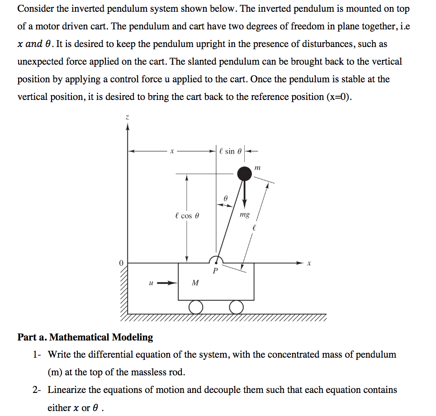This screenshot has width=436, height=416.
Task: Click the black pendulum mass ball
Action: tap(245, 173)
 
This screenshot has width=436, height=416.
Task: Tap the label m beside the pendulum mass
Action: tap(258, 168)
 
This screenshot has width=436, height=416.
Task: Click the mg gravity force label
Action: tap(244, 215)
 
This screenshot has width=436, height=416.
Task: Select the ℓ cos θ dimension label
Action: tap(186, 216)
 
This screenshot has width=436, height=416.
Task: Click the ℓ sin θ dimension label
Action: tap(230, 151)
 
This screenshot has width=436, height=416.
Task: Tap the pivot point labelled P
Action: tap(216, 270)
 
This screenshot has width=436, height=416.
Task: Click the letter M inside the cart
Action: tap(195, 283)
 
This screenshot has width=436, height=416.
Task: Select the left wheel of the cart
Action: tap(195, 307)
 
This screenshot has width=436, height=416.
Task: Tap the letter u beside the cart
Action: tap(151, 283)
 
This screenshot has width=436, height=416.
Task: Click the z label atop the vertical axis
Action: tap(128, 118)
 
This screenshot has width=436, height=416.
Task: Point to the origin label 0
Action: tap(121, 263)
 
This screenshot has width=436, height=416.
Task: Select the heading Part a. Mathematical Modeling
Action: tap(85, 337)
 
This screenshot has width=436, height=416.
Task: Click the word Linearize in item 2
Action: tap(66, 390)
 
